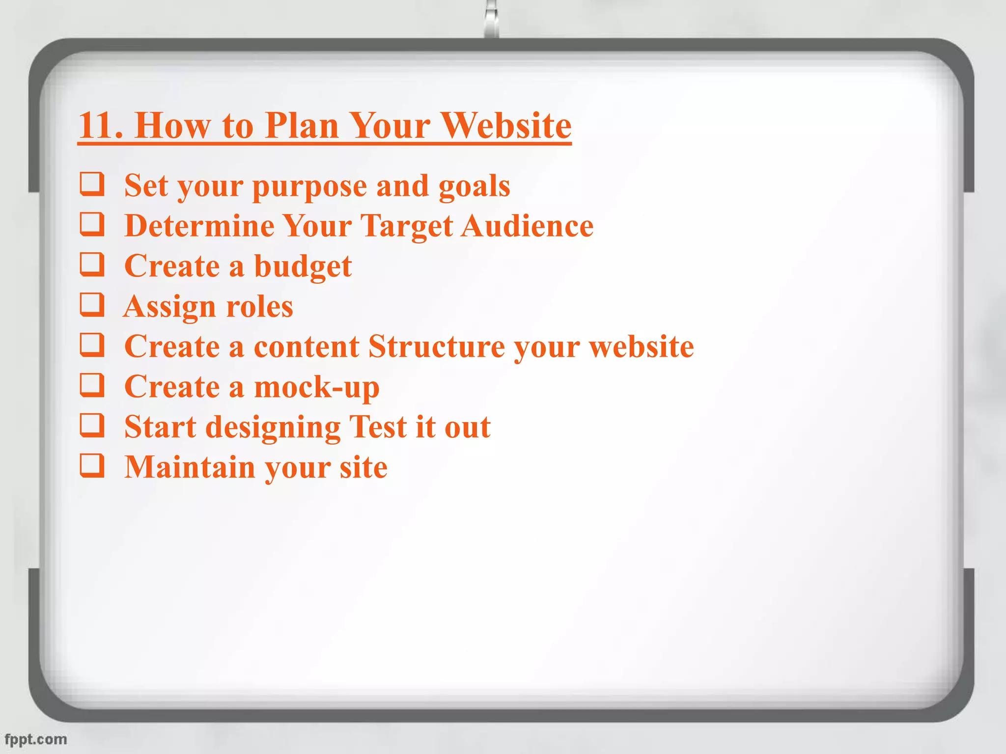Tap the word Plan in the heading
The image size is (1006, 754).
pos(302,126)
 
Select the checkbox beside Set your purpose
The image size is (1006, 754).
pos(92,185)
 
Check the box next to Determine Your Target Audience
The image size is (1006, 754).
pos(92,225)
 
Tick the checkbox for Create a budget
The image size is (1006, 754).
pos(92,265)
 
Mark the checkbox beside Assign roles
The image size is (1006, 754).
pos(92,305)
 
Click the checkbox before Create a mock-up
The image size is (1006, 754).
pos(92,386)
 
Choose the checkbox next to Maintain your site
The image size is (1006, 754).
pos(92,466)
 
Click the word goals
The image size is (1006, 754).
pos(474,187)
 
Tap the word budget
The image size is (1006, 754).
pos(303,267)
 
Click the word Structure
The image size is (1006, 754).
pos(436,347)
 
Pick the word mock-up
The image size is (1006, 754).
pos(316,388)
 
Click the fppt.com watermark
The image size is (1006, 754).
pos(36,739)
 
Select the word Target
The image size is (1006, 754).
pos(407,227)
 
